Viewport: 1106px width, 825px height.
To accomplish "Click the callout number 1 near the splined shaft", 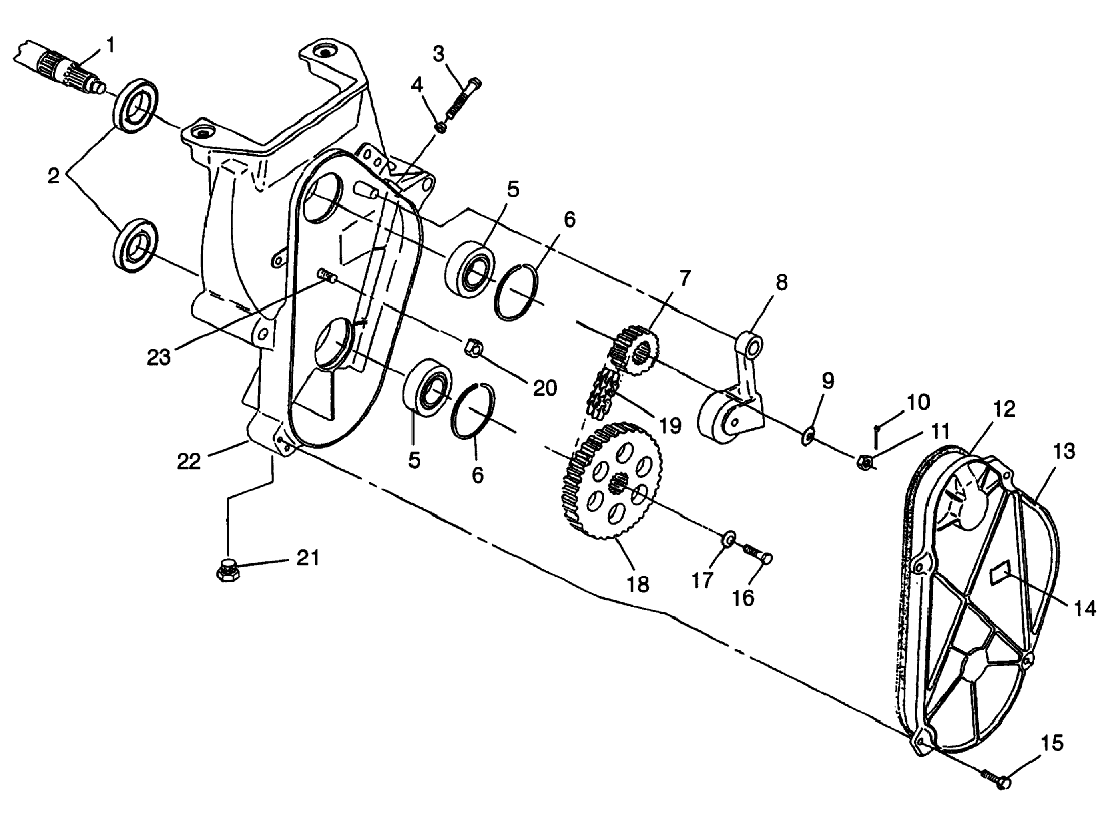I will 110,46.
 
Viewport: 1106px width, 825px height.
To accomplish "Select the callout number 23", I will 159,357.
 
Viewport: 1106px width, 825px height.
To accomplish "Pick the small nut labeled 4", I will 440,127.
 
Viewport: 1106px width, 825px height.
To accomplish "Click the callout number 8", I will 782,283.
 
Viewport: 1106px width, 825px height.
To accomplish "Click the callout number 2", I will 54,176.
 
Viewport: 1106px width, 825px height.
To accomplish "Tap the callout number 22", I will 189,461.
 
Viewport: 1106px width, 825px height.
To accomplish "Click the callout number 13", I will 1064,451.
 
